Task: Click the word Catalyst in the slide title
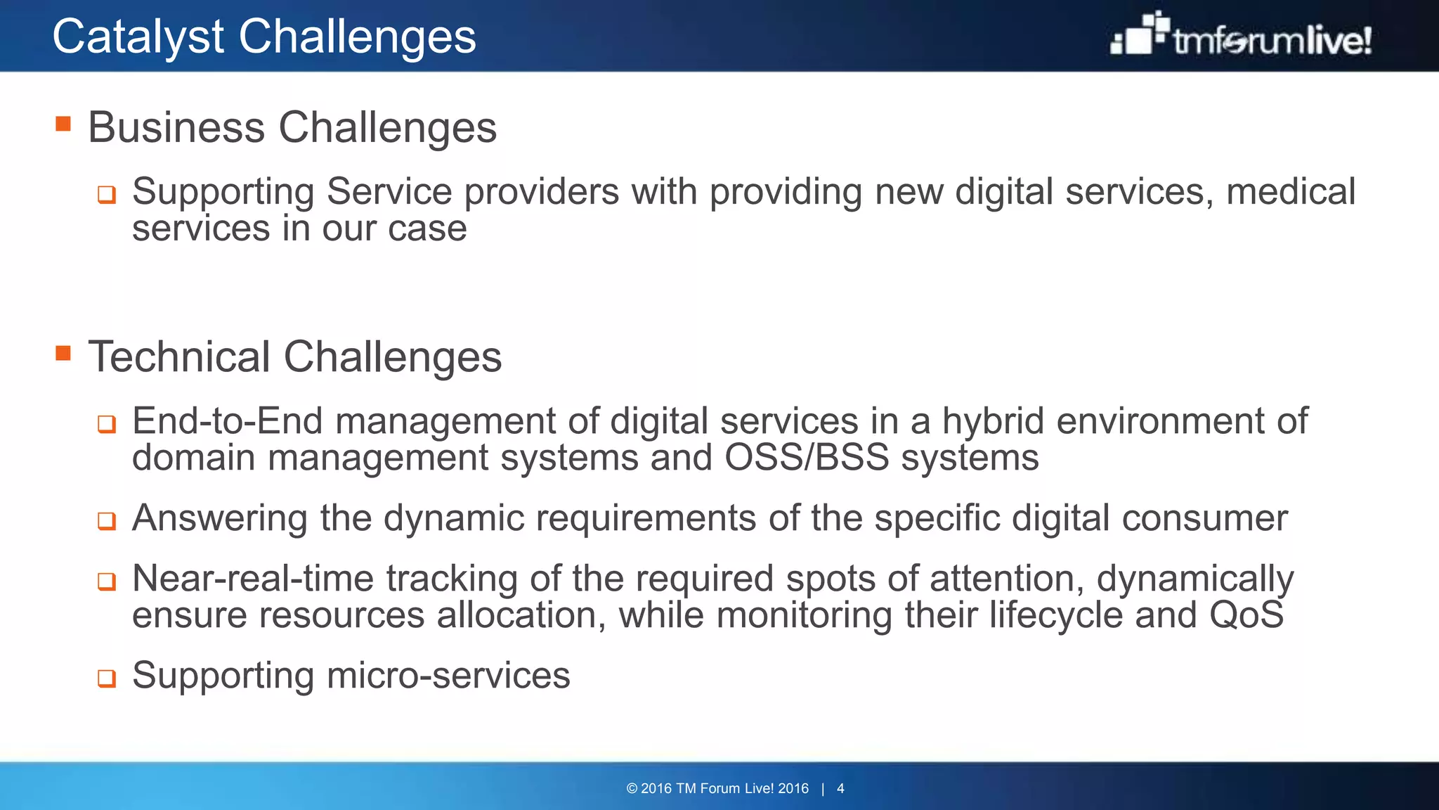tap(138, 37)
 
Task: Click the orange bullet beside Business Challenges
tap(63, 124)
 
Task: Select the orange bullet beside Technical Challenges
tap(63, 353)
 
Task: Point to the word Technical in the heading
tap(179, 356)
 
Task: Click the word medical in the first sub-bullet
tap(1290, 192)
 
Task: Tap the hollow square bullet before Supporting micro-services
tap(106, 679)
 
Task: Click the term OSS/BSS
tap(807, 458)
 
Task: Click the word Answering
tap(220, 518)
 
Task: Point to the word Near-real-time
tap(253, 579)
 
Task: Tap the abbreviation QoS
tap(1246, 615)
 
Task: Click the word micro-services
tap(448, 676)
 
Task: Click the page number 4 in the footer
tap(840, 788)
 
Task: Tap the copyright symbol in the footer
tap(632, 788)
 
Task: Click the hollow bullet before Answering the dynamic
tap(106, 521)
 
